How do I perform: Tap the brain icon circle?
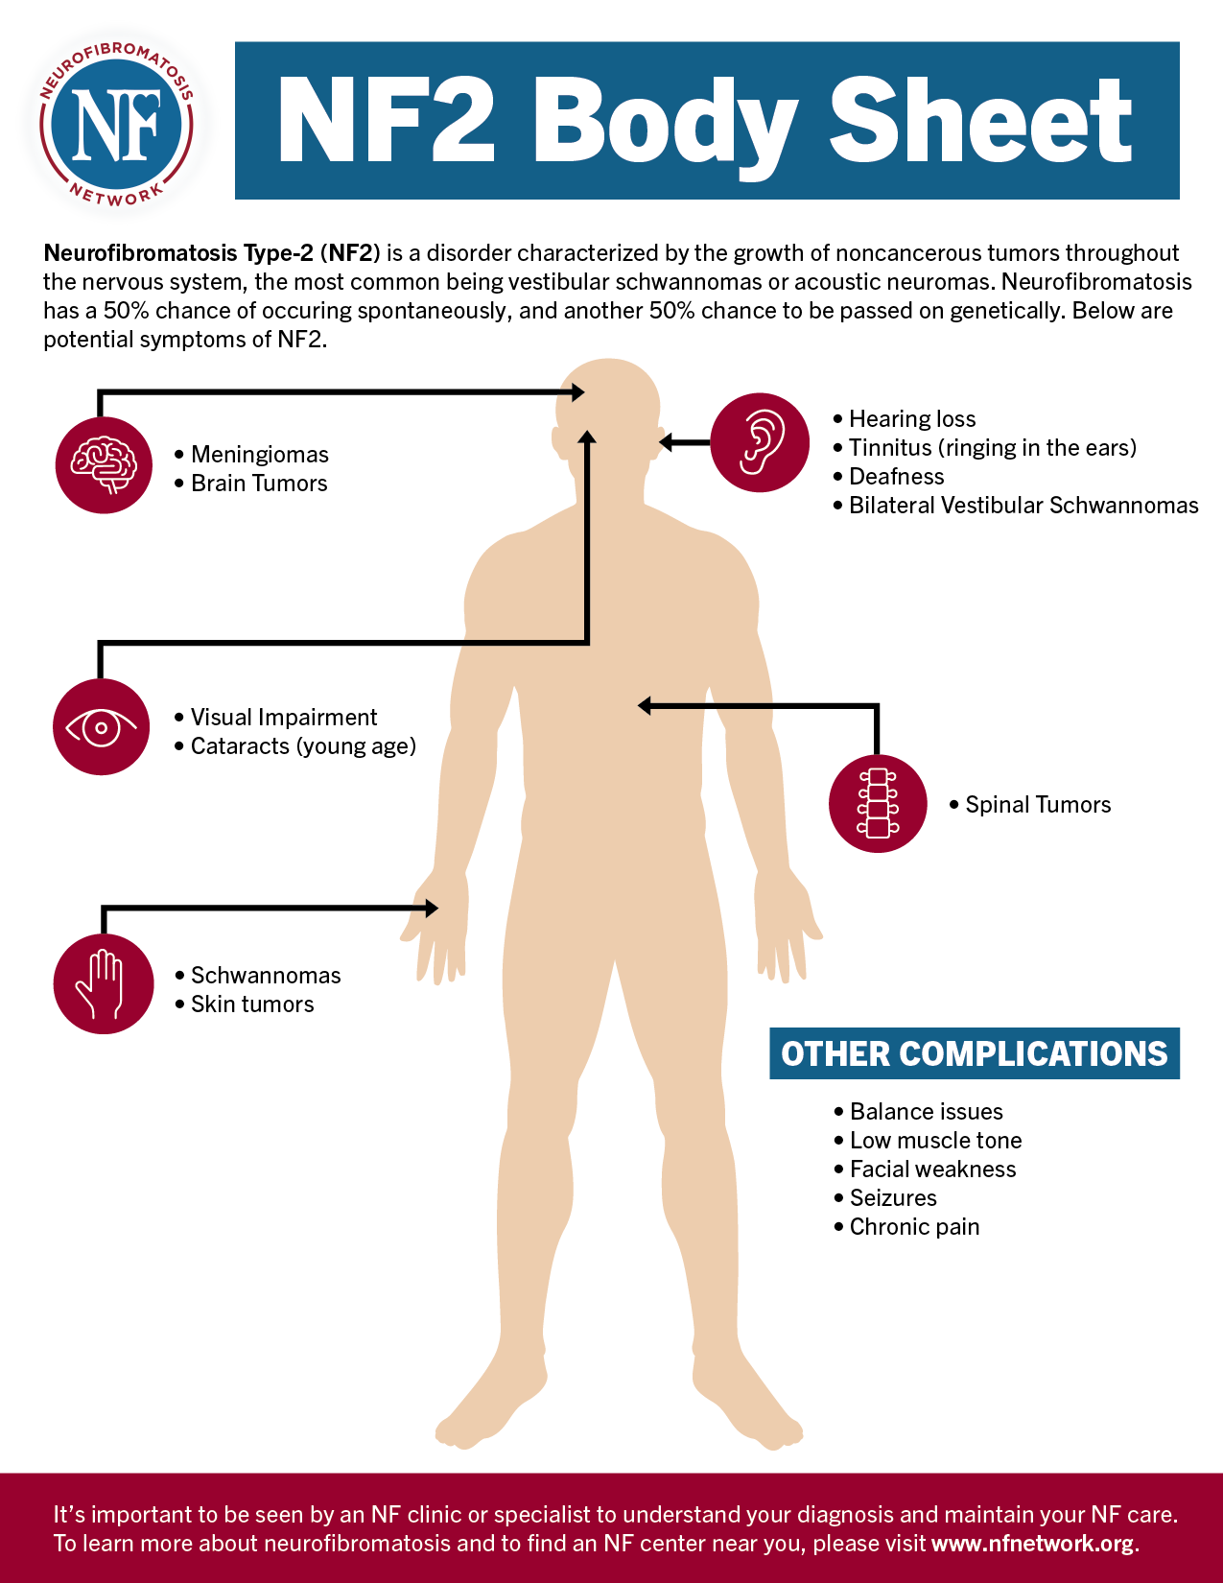pos(104,464)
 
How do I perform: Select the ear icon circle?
pos(760,442)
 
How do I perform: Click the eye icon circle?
pos(102,726)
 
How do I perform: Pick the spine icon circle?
pos(878,803)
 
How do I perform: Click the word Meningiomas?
pos(259,455)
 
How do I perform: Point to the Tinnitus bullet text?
pos(992,448)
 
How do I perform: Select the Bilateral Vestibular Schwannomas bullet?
pos(1023,506)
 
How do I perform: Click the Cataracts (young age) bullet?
pos(303,746)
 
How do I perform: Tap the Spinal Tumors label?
pos(1037,805)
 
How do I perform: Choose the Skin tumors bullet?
pos(251,1004)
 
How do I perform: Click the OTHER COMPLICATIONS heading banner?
pos(974,1053)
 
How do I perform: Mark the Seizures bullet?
pos(892,1198)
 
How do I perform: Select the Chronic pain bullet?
pos(913,1227)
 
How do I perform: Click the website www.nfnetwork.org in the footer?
pos(1032,1544)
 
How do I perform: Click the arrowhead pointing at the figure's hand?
pos(432,908)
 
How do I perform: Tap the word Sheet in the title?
pos(980,123)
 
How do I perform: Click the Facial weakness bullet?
pos(931,1170)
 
